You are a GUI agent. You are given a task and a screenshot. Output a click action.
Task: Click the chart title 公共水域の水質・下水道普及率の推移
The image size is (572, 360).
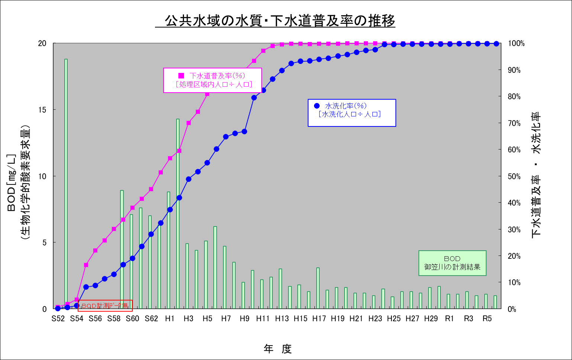(275, 21)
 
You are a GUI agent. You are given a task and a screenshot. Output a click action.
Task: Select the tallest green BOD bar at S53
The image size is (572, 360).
(66, 182)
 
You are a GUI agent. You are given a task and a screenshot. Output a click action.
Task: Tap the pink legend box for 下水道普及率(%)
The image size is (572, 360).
(213, 80)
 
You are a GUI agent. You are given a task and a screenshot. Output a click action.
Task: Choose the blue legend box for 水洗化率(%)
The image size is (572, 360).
(352, 113)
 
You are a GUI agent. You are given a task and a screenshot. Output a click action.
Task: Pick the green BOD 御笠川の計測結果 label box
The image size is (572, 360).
(452, 263)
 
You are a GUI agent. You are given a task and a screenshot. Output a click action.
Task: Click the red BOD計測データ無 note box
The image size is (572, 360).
(105, 306)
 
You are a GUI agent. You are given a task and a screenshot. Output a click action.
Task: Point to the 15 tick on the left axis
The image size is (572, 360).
(42, 110)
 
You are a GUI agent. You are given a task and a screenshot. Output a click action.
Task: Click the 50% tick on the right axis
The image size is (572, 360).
(514, 176)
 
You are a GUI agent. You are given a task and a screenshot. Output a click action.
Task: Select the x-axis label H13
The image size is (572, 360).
(282, 319)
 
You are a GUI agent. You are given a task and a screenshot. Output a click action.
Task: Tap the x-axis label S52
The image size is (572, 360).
(58, 319)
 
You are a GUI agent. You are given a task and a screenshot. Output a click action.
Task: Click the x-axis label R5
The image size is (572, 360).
(487, 319)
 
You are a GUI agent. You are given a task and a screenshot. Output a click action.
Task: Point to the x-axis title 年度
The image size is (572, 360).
(278, 349)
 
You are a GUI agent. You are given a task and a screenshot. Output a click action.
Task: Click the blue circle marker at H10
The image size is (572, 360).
(254, 98)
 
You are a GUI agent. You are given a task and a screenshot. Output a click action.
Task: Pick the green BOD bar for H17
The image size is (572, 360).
(318, 288)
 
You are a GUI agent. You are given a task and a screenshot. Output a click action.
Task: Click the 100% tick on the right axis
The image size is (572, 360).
(516, 44)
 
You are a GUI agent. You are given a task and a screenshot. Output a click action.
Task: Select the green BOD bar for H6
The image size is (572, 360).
(215, 268)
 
